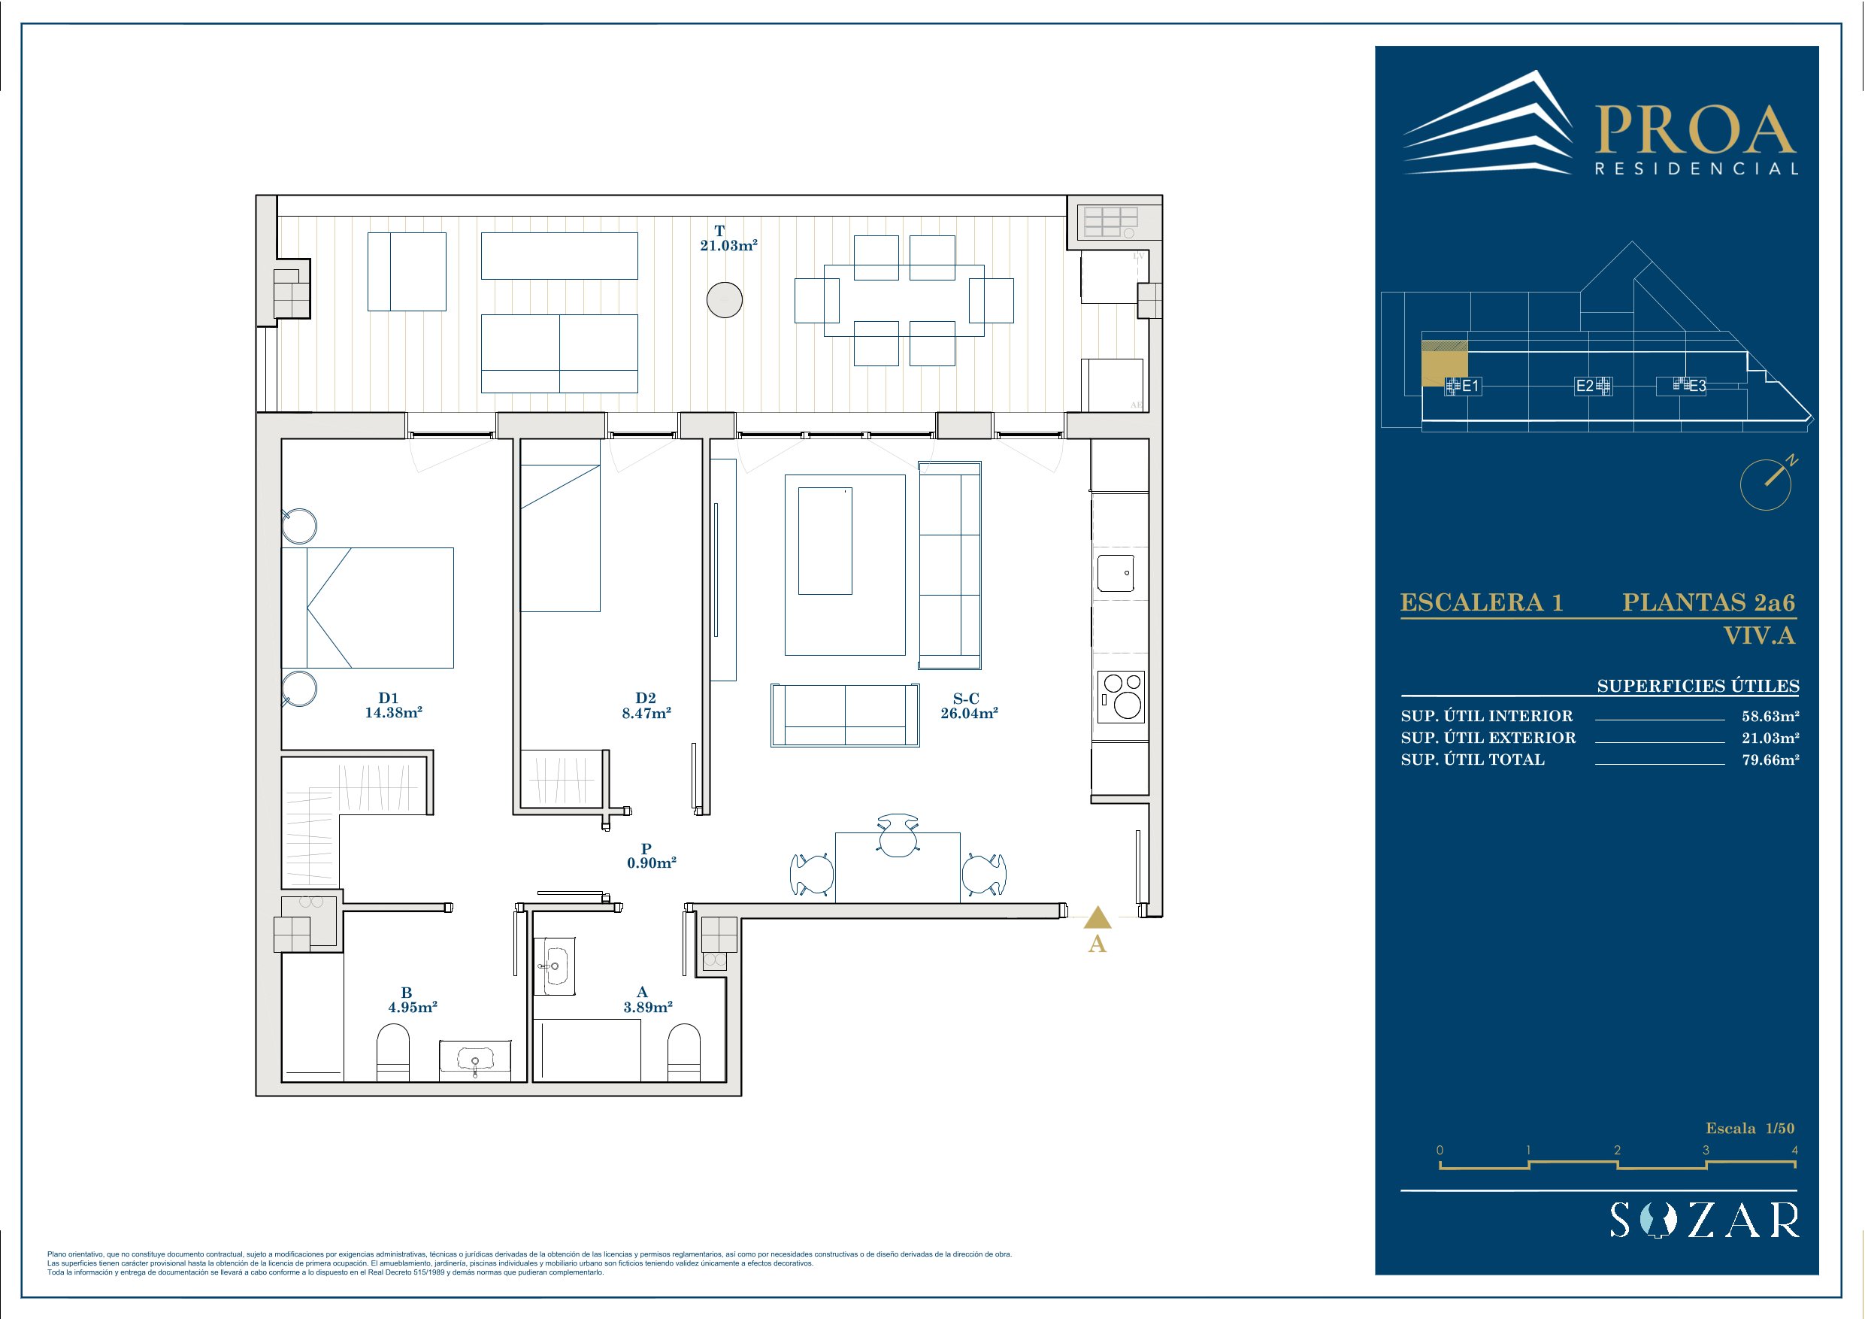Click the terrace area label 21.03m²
tap(728, 245)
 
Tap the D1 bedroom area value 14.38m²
tap(393, 713)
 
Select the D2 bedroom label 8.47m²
tap(646, 713)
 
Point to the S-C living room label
tap(966, 699)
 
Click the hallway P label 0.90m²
tap(652, 863)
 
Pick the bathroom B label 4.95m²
tap(413, 1007)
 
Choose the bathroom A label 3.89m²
tap(648, 1007)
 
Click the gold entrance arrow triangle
tap(1098, 918)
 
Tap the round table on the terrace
tap(725, 300)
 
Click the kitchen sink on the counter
tap(1116, 573)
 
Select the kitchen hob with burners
tap(1121, 696)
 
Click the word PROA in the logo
tap(1695, 130)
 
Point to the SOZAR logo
tap(1705, 1220)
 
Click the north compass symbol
tap(1767, 484)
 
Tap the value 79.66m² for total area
tap(1771, 760)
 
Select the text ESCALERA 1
tap(1482, 602)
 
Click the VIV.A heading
tap(1760, 635)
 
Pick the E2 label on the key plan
tap(1584, 386)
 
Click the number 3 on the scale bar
tap(1706, 1150)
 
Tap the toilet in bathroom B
tap(393, 1053)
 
